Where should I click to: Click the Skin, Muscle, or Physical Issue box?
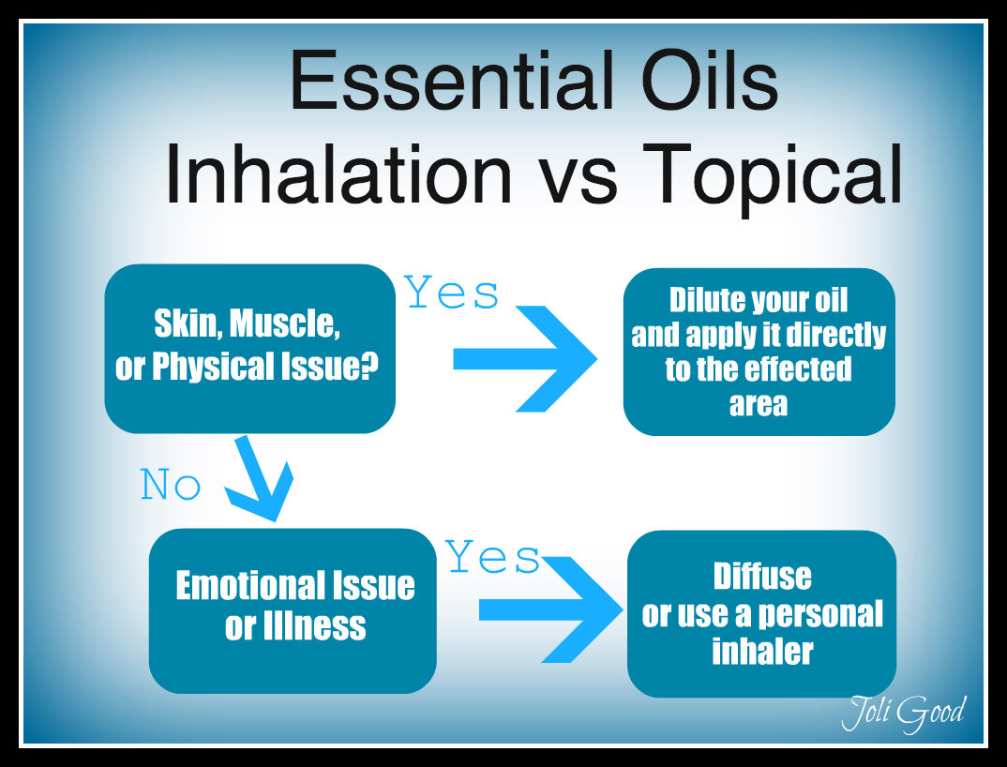[x=249, y=349]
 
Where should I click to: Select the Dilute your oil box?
[x=759, y=352]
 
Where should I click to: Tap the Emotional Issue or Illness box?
[x=293, y=611]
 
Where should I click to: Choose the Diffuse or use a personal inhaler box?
[x=761, y=614]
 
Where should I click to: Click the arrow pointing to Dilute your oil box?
[x=525, y=358]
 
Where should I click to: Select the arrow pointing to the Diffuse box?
[x=550, y=609]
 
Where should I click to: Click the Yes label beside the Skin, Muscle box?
[x=452, y=293]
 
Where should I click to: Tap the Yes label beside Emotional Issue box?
[x=492, y=556]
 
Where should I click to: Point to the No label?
[x=171, y=485]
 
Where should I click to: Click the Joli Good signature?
[x=903, y=713]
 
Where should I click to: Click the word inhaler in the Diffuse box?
[x=762, y=652]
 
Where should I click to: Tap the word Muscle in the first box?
[x=284, y=323]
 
